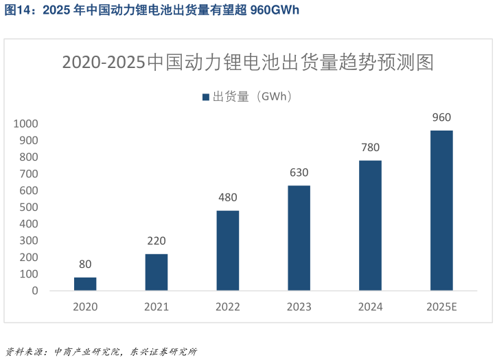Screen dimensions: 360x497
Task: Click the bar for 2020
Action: coord(85,284)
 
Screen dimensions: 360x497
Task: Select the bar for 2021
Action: coord(157,272)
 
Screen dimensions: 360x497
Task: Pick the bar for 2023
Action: coord(299,238)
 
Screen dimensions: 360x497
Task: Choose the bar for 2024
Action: coord(370,225)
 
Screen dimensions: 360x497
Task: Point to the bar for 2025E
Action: coord(441,210)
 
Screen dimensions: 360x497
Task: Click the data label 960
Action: coord(441,117)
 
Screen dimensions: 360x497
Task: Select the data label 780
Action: coord(370,148)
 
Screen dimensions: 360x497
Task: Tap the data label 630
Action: coord(299,172)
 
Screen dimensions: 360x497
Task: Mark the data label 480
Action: coord(228,198)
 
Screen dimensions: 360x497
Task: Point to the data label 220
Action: coord(157,241)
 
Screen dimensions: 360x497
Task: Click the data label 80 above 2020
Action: coord(85,265)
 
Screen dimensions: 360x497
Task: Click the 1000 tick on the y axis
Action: coord(26,124)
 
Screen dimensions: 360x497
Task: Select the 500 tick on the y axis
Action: coord(30,207)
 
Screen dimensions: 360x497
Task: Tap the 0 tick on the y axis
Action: coord(35,291)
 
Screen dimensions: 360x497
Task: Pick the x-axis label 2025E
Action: coord(441,306)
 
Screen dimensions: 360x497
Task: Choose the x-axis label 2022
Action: coord(228,306)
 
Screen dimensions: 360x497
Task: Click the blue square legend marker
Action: coord(205,98)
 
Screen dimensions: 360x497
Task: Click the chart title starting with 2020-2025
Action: coord(248,63)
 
